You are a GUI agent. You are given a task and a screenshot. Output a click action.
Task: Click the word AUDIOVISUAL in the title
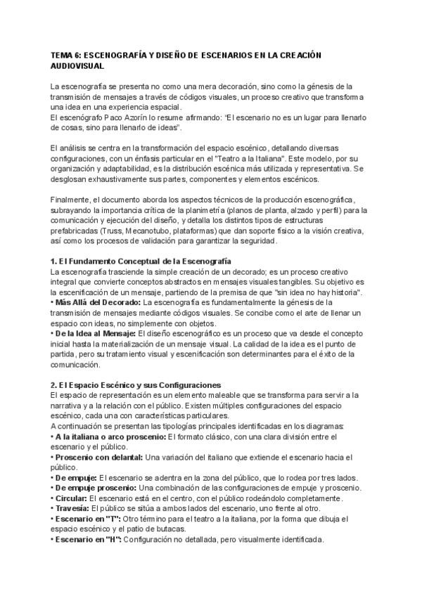pos(78,65)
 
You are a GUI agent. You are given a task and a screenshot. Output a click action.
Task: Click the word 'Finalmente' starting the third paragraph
pos(72,200)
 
